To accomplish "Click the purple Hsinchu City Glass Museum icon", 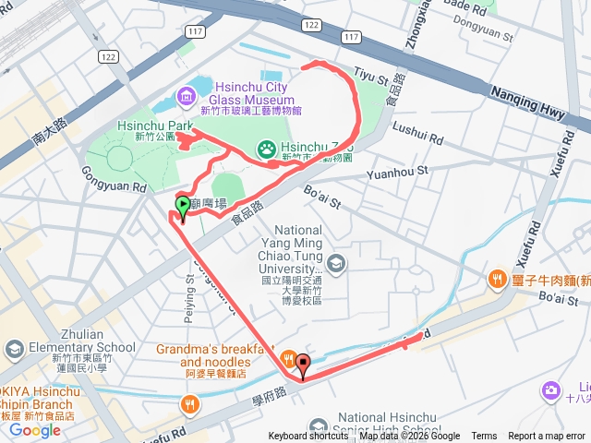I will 186,93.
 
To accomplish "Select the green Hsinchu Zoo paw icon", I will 266,147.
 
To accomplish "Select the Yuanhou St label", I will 398,172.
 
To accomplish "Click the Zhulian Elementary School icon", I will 15,348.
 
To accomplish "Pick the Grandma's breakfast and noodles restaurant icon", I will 288,359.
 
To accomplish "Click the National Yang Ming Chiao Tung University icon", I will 335,263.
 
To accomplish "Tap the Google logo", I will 35,429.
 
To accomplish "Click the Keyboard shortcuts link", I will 309,437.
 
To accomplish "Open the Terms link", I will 484,437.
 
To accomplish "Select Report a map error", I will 547,437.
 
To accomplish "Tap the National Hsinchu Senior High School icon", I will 319,426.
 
